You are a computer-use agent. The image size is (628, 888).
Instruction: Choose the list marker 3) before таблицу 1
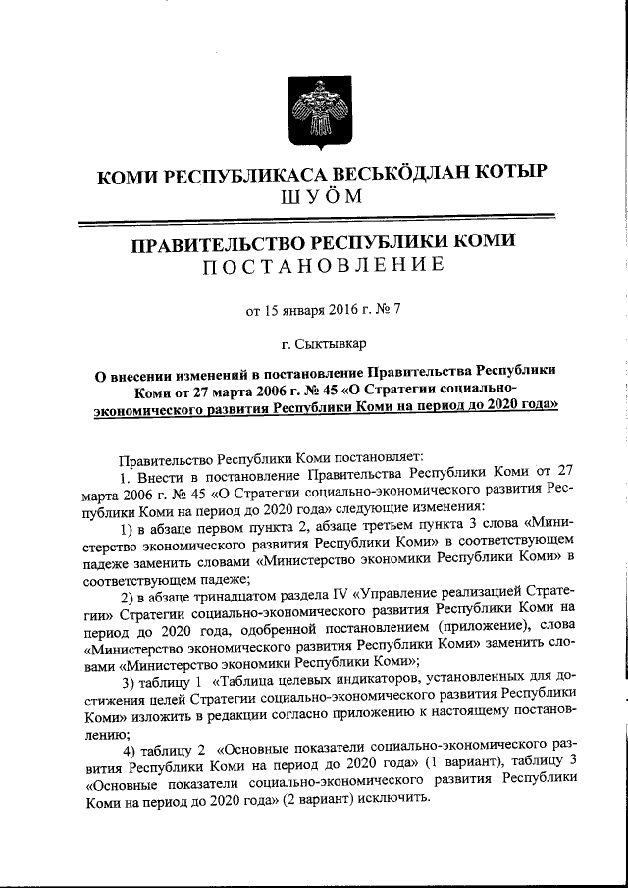[x=128, y=682]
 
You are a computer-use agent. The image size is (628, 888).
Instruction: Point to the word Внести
[x=158, y=476]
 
